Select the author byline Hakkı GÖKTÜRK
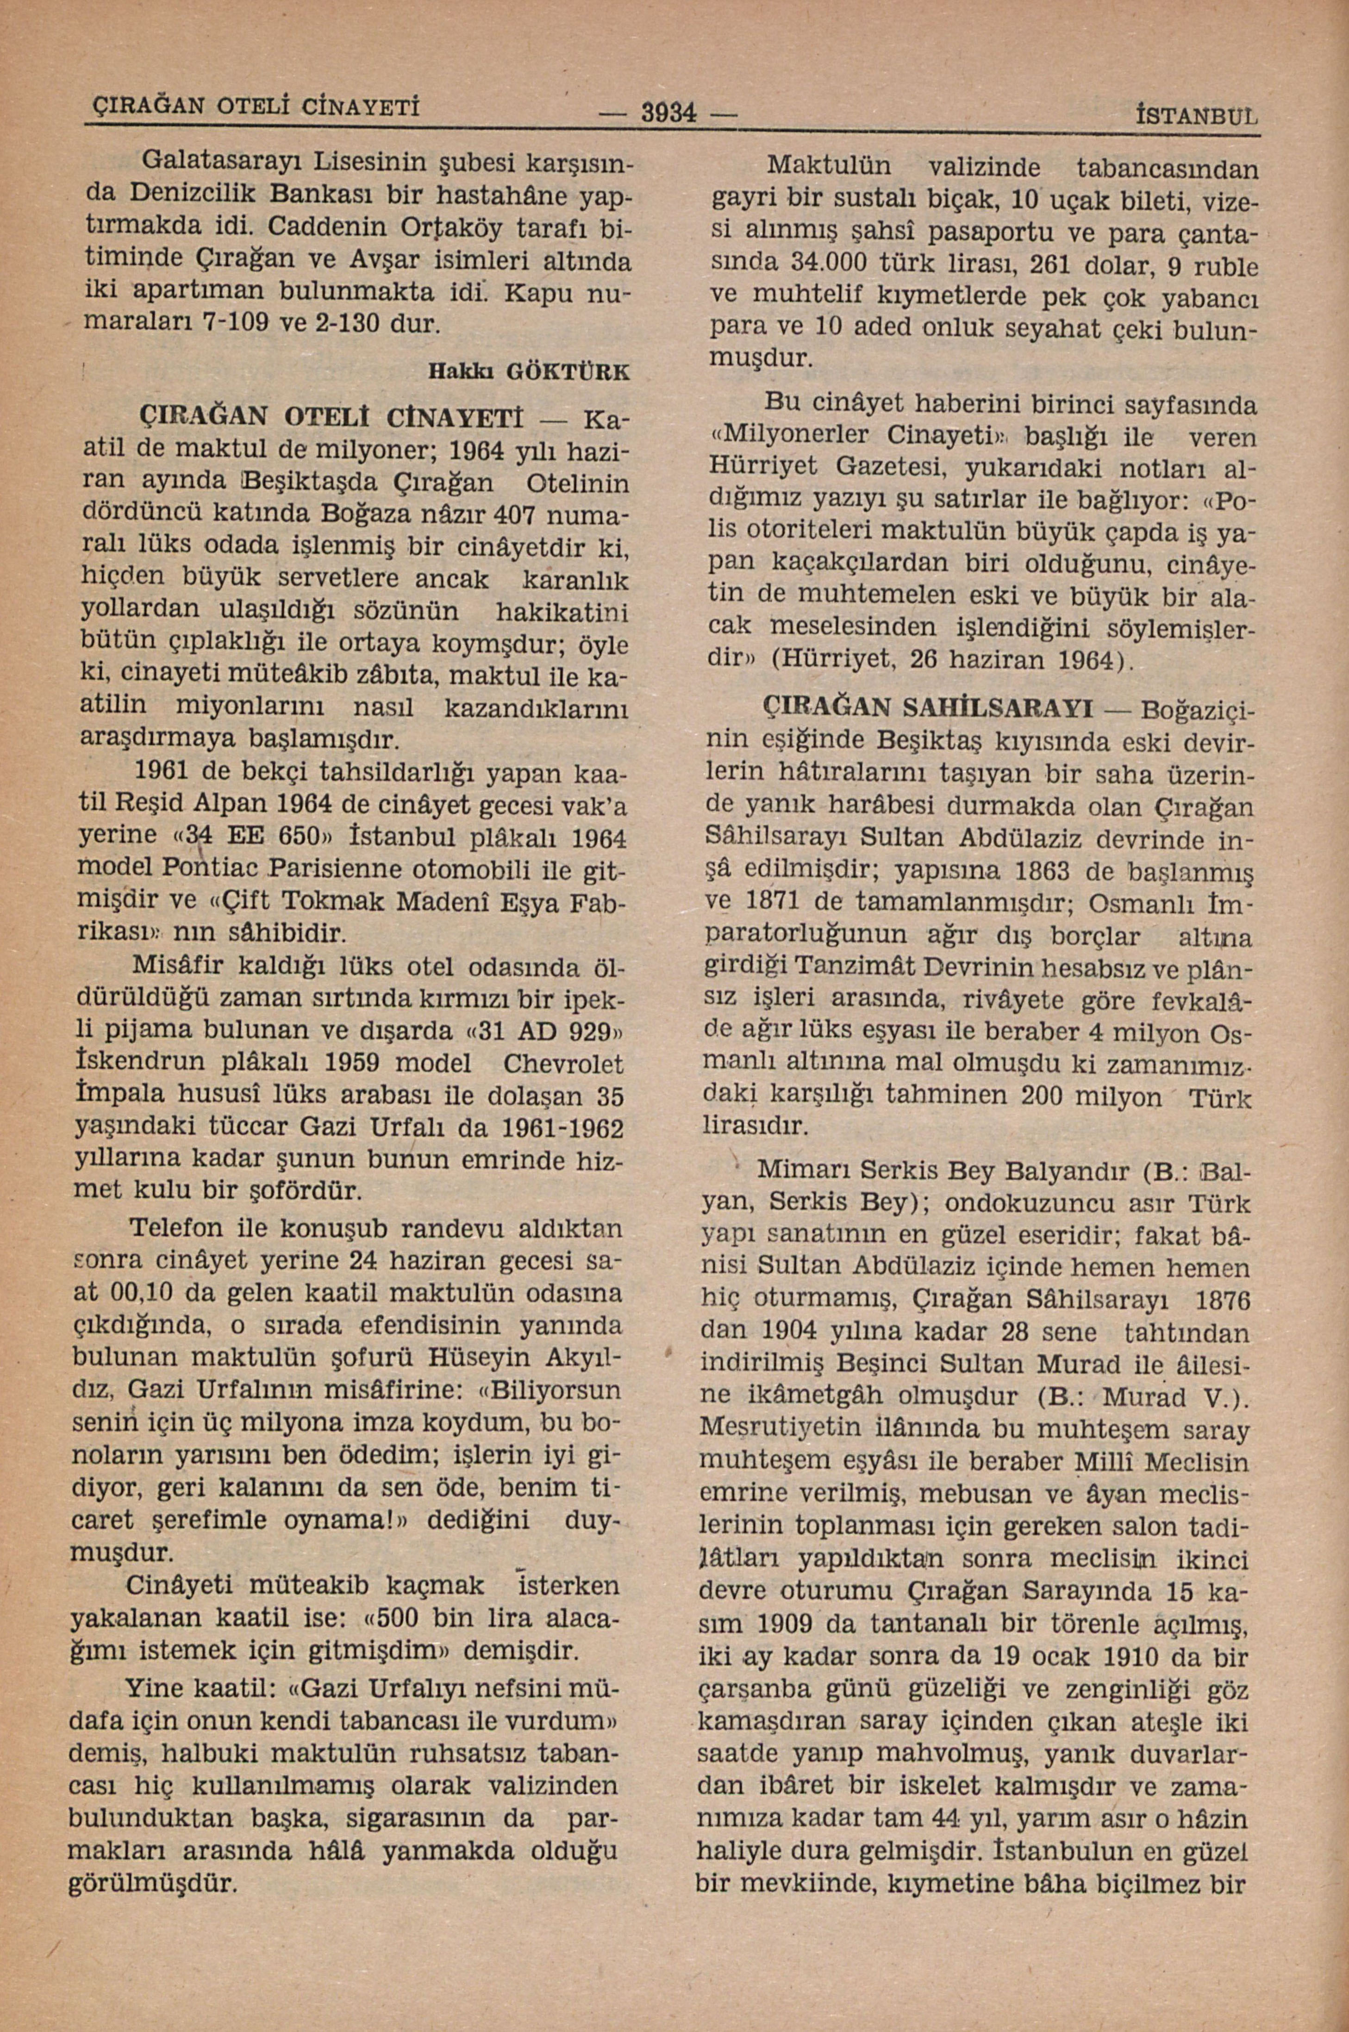(x=528, y=372)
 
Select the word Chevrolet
(x=562, y=1064)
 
